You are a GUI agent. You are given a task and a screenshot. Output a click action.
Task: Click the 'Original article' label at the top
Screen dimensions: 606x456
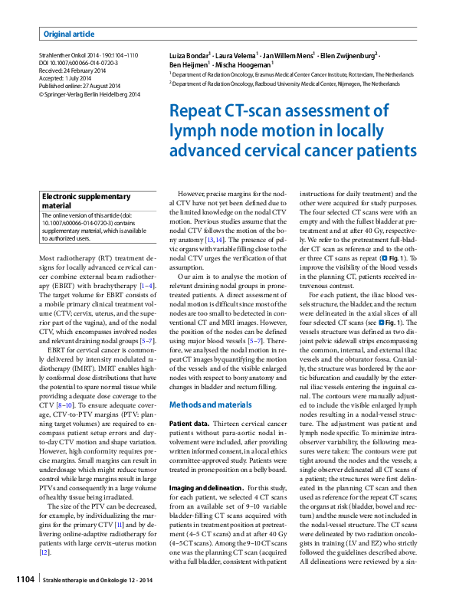click(69, 34)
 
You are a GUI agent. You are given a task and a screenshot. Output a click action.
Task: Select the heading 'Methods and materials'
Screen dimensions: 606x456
click(210, 404)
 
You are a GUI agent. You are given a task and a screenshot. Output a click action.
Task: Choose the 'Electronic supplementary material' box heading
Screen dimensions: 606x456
click(86, 201)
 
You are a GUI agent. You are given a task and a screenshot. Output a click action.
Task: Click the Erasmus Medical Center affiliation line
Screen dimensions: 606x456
click(299, 76)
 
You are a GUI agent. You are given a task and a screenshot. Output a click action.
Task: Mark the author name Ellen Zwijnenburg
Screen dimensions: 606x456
click(349, 56)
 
